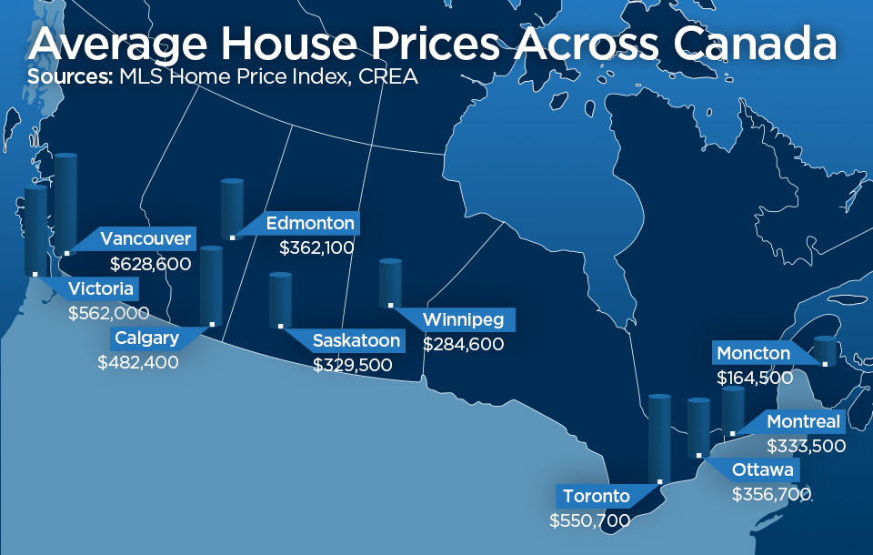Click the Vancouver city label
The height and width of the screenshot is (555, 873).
tap(145, 239)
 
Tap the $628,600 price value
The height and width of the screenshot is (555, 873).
tap(150, 264)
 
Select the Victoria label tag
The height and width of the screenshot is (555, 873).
tap(101, 289)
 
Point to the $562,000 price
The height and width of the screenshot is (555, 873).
tap(108, 313)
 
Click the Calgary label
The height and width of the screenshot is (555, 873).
tap(146, 338)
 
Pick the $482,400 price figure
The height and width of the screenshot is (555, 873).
tap(138, 361)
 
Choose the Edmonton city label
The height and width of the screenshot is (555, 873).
tap(309, 223)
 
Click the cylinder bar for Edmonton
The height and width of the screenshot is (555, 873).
tap(233, 208)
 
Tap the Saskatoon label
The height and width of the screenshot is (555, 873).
tap(356, 341)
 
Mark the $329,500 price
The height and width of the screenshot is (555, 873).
tap(353, 365)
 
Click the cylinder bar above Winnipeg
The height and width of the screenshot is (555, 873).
tap(390, 282)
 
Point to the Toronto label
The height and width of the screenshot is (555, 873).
tap(596, 497)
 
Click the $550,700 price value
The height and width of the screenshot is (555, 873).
tap(589, 520)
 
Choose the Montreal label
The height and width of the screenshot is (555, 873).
tap(804, 422)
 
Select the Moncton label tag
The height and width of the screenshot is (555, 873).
tap(754, 353)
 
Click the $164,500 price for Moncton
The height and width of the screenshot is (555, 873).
tap(755, 377)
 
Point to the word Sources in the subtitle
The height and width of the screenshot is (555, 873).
tap(68, 77)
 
